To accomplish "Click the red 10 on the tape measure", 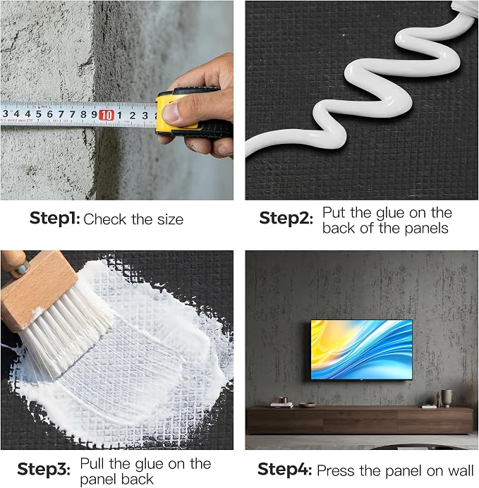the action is [x=106, y=115].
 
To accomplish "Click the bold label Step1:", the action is [x=55, y=218].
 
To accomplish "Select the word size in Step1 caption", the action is [x=170, y=219].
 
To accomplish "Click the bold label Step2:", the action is [x=286, y=218].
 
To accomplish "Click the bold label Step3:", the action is [x=44, y=469].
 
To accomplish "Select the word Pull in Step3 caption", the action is [x=92, y=464].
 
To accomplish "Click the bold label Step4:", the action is [x=284, y=469].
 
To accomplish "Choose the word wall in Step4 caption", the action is [x=459, y=470].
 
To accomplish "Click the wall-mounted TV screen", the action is [x=362, y=350].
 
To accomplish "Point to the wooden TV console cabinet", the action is [x=360, y=420].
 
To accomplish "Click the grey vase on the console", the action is [x=447, y=398].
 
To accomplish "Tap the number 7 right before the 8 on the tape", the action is [x=72, y=114].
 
